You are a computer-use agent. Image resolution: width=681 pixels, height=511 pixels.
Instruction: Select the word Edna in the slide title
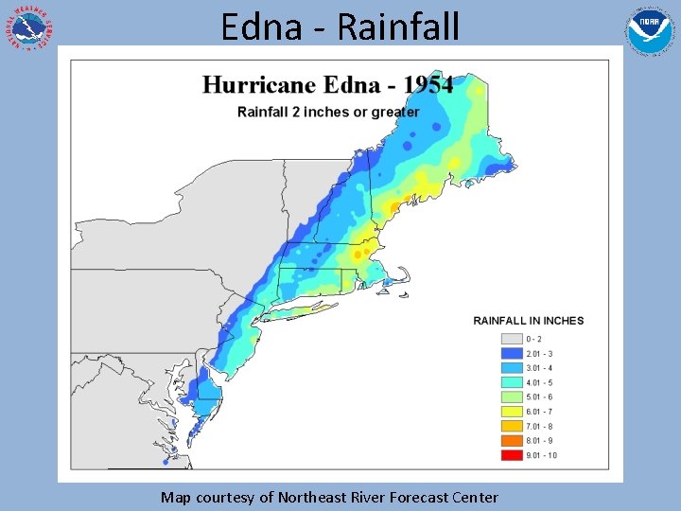coord(264,26)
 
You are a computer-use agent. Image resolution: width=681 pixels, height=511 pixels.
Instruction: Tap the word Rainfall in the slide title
coord(397,26)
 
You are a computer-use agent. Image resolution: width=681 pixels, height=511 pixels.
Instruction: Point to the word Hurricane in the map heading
coord(262,84)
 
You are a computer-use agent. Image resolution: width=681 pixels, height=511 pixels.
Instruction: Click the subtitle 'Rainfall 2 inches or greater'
coord(327,112)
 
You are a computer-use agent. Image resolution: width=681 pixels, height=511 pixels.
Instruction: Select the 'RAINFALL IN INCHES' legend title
coord(529,321)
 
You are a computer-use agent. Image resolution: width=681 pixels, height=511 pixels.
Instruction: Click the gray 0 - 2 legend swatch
coord(512,339)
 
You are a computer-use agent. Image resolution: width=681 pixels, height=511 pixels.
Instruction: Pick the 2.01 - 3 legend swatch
coord(512,353)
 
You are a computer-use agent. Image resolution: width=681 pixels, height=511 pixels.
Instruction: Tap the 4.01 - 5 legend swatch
coord(512,382)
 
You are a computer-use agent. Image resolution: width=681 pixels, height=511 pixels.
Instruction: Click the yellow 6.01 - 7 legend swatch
coord(512,412)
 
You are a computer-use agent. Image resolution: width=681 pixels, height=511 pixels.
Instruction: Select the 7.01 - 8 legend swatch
coord(512,426)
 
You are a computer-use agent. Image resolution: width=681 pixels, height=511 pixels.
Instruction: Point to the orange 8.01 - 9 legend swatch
coord(512,441)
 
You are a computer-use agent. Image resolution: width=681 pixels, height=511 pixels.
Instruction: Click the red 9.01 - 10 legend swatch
coord(512,455)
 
